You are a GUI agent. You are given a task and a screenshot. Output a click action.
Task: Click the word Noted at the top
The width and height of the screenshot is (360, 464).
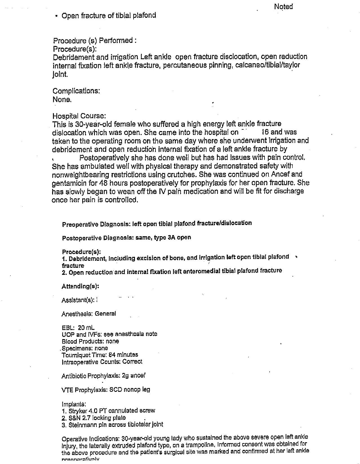pyautogui.click(x=283, y=6)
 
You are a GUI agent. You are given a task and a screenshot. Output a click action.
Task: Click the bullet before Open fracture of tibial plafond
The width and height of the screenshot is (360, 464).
pyautogui.click(x=57, y=16)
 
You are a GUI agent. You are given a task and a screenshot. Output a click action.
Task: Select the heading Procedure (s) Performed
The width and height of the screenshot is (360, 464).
pyautogui.click(x=95, y=41)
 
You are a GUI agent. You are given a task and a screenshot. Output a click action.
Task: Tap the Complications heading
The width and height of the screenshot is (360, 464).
pyautogui.click(x=76, y=91)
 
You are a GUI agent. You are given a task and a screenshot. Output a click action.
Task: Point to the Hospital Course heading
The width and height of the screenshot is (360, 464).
pyautogui.click(x=79, y=116)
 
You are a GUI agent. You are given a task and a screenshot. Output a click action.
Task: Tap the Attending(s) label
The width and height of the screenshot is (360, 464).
pyautogui.click(x=80, y=286)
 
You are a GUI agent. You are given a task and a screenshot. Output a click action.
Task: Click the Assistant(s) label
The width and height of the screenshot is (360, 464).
pyautogui.click(x=78, y=300)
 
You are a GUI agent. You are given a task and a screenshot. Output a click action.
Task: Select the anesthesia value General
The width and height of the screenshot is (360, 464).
pyautogui.click(x=105, y=313)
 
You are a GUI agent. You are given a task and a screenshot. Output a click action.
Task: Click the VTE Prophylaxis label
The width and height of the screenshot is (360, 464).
pyautogui.click(x=84, y=390)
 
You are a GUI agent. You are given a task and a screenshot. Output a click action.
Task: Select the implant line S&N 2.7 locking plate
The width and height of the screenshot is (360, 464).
pyautogui.click(x=97, y=418)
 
